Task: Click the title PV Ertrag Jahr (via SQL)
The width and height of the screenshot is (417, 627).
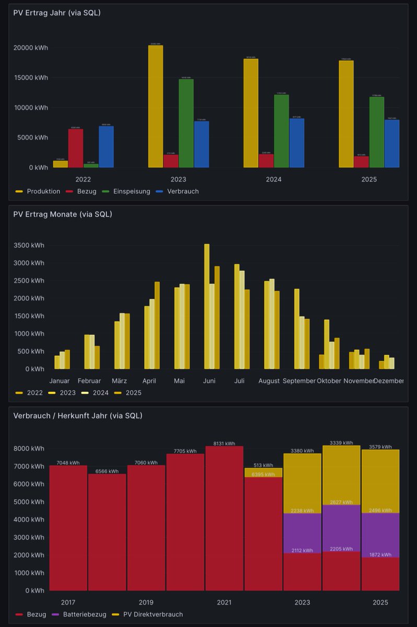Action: click(x=57, y=13)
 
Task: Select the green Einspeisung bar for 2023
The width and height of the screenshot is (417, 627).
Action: click(x=186, y=123)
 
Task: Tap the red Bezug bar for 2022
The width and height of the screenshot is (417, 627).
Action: click(x=75, y=148)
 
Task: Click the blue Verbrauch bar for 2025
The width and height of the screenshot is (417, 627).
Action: click(x=392, y=144)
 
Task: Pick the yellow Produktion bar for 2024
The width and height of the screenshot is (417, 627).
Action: click(x=250, y=113)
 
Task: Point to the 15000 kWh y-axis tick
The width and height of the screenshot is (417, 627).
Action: click(x=31, y=78)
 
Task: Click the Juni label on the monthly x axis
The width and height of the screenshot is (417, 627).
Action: click(x=209, y=381)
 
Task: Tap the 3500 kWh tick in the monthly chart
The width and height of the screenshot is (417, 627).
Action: click(x=30, y=245)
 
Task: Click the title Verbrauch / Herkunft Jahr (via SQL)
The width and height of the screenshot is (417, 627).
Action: click(x=78, y=416)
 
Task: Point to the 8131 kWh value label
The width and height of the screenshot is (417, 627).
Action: click(x=224, y=444)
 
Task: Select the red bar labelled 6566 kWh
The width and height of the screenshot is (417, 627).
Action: click(x=107, y=532)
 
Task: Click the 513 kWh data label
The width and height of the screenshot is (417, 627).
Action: click(x=263, y=465)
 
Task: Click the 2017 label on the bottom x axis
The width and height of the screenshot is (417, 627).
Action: click(x=68, y=602)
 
